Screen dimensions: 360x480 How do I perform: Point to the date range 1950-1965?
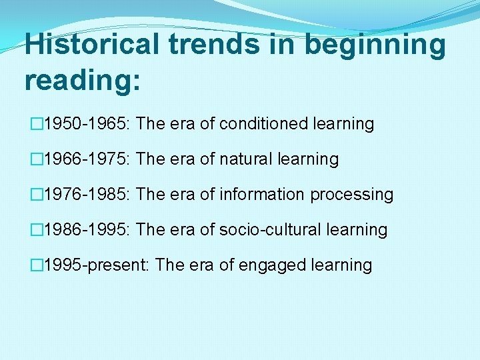point(87,124)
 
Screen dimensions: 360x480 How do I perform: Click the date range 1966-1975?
point(87,159)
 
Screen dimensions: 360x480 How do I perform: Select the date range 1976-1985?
point(87,195)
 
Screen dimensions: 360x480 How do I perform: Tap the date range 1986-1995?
point(87,230)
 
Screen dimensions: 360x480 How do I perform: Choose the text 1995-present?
point(96,265)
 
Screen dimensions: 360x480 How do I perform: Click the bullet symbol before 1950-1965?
point(36,124)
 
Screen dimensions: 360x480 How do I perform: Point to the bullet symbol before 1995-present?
point(36,265)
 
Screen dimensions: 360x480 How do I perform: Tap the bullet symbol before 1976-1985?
point(36,195)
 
